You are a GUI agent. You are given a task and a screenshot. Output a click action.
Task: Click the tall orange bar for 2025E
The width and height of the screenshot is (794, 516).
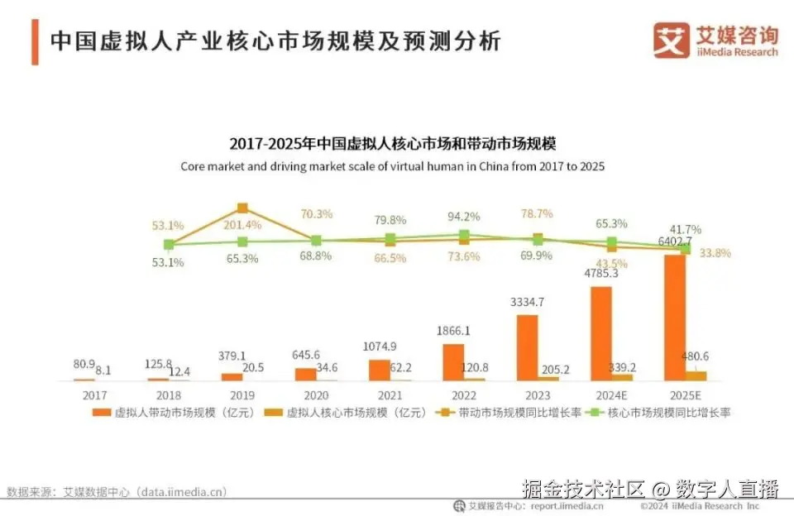pos(674,318)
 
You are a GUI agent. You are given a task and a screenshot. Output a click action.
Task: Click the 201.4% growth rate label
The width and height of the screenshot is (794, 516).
pos(242,225)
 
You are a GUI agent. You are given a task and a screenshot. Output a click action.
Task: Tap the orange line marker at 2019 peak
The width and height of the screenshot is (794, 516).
pos(242,208)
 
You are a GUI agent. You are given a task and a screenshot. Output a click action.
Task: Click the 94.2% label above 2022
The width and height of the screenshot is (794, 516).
pos(464,217)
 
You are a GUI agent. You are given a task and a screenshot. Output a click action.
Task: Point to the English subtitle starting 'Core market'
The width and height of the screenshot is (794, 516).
pos(393,166)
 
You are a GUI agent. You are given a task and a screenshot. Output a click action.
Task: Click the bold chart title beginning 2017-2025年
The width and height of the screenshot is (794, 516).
pos(393,145)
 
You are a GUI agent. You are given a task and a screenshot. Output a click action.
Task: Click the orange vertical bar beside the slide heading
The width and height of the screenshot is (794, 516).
pos(35,41)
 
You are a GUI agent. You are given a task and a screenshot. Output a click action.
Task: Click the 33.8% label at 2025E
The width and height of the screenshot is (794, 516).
pos(715,253)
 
